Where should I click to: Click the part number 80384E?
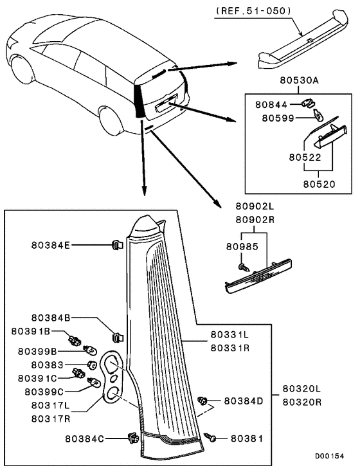(52, 244)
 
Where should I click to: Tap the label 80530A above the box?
(300, 80)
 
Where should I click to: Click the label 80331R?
(230, 347)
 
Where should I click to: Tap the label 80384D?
(244, 401)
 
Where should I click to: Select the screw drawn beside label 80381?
(211, 438)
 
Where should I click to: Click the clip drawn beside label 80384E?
(116, 244)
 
